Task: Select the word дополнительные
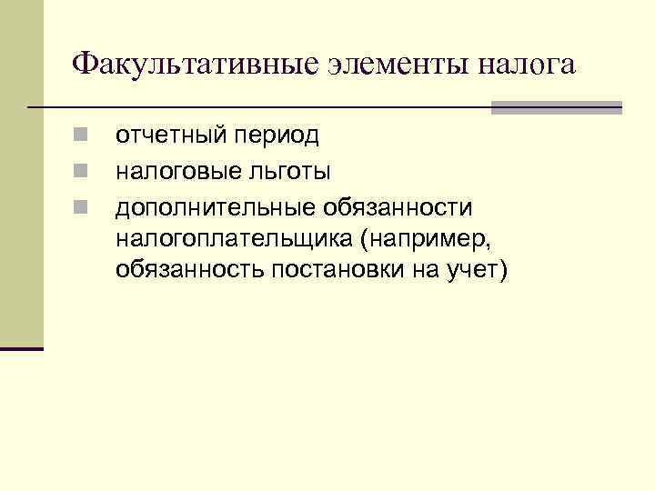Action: pyautogui.click(x=214, y=207)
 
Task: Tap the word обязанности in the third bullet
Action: pyautogui.click(x=397, y=207)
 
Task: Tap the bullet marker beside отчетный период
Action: pyautogui.click(x=81, y=135)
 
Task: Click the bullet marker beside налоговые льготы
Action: pyautogui.click(x=81, y=170)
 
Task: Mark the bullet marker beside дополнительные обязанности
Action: pyautogui.click(x=81, y=206)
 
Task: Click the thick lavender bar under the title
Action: pyautogui.click(x=557, y=107)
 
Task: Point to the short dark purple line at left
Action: pyautogui.click(x=22, y=348)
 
